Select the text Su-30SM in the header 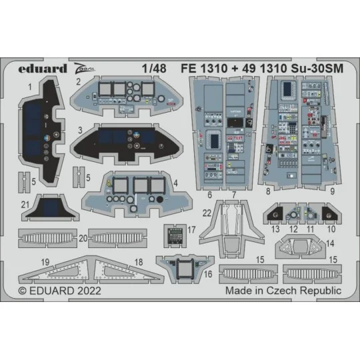317,68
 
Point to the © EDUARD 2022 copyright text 57,291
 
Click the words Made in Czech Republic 293,291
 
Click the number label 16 208,273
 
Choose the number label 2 97,83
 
